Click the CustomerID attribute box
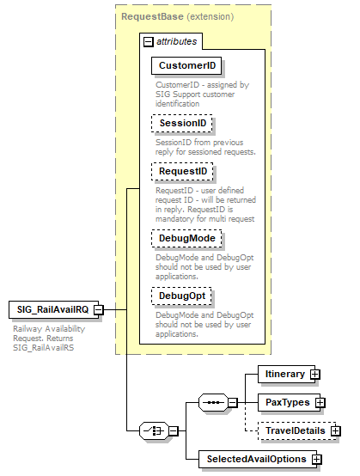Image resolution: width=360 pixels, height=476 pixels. pos(185,65)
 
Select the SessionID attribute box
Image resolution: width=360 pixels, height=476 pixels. pos(183,124)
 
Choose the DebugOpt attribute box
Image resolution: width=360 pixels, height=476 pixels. pos(183,296)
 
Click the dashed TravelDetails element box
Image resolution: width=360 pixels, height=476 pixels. pos(294,430)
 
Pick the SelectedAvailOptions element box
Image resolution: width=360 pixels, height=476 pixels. pos(254,459)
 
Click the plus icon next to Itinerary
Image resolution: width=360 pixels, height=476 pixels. pos(315,374)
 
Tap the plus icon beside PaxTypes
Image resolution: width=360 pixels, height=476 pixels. pos(320,401)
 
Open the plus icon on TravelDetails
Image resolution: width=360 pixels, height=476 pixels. pos(336,430)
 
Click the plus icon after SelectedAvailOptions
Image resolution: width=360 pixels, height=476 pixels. pos(317,459)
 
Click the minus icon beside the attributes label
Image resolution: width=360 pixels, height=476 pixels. pos(148,40)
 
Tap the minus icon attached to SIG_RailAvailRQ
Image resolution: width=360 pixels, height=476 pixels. pos(99,309)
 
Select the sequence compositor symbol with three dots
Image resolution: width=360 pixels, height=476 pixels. pos(211,402)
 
